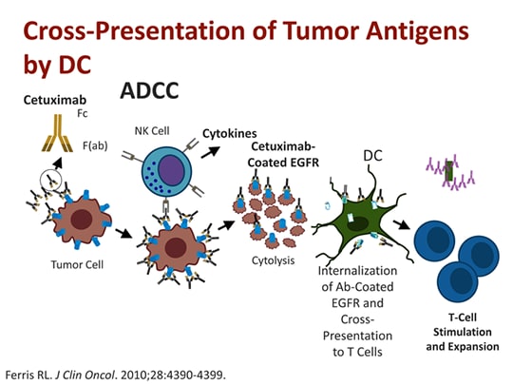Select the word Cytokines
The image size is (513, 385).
[237, 135]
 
